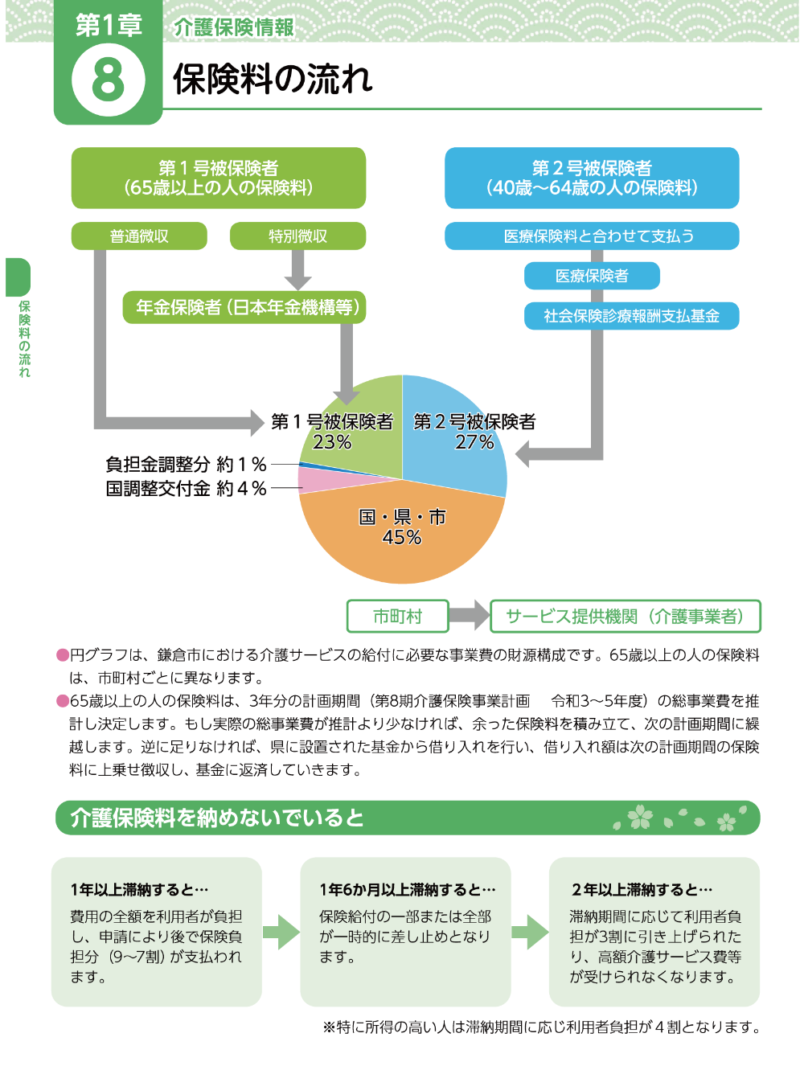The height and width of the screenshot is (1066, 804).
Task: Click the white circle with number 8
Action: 108,80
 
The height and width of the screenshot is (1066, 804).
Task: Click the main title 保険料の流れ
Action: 273,79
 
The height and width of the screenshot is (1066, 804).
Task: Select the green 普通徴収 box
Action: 139,236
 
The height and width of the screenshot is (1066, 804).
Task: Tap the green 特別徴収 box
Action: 297,236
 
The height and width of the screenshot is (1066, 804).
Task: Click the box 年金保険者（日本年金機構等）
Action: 244,307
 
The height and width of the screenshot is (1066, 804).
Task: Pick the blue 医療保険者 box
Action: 592,276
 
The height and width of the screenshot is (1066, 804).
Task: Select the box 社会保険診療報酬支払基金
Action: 631,316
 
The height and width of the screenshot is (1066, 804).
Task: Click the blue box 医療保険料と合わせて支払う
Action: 592,236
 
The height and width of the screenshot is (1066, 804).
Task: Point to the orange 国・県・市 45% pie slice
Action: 402,535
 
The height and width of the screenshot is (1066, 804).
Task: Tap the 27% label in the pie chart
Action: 474,442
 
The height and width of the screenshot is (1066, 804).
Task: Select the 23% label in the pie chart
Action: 331,442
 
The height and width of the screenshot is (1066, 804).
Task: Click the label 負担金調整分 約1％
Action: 186,465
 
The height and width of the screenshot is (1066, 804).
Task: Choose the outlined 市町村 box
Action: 397,617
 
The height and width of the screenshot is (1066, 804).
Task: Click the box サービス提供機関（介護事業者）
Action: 626,617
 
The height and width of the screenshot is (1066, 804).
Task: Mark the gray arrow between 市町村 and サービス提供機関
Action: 469,615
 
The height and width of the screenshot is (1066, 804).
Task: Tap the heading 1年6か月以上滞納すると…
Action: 408,890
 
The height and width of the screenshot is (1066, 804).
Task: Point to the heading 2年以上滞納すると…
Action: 642,890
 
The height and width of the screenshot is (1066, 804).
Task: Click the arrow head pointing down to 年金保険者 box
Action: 297,283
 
